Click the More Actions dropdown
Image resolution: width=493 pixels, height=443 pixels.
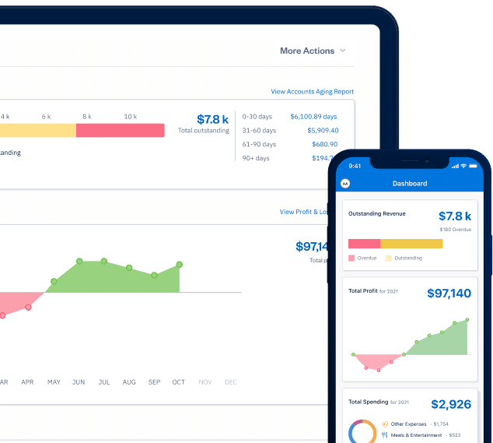[313, 51]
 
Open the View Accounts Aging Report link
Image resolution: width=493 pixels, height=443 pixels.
[312, 92]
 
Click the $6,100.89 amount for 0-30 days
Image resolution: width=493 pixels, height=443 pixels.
[314, 116]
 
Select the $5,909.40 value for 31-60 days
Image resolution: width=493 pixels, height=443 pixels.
[323, 130]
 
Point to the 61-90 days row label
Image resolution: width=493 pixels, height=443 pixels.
[259, 144]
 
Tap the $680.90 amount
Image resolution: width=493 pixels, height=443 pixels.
[325, 144]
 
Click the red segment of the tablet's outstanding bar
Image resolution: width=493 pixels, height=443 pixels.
[120, 130]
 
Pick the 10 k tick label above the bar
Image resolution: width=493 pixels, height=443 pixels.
[130, 116]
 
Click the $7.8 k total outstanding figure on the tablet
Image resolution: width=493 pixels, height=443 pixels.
[212, 119]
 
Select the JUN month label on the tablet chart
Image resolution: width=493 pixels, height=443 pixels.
[79, 382]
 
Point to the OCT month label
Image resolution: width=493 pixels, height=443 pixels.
[179, 382]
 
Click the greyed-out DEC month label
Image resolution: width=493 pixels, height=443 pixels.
[231, 382]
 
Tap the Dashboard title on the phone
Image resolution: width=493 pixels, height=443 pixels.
[409, 184]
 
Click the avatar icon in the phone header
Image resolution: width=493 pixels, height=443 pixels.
[345, 184]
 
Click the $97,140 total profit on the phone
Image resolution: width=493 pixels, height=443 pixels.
[449, 294]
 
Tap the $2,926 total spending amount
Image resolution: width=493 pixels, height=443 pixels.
[451, 405]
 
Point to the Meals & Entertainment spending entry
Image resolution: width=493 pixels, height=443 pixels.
[418, 435]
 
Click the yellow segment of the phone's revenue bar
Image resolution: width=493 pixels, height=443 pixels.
[411, 244]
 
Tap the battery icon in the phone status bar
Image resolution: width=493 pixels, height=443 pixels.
[474, 166]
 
